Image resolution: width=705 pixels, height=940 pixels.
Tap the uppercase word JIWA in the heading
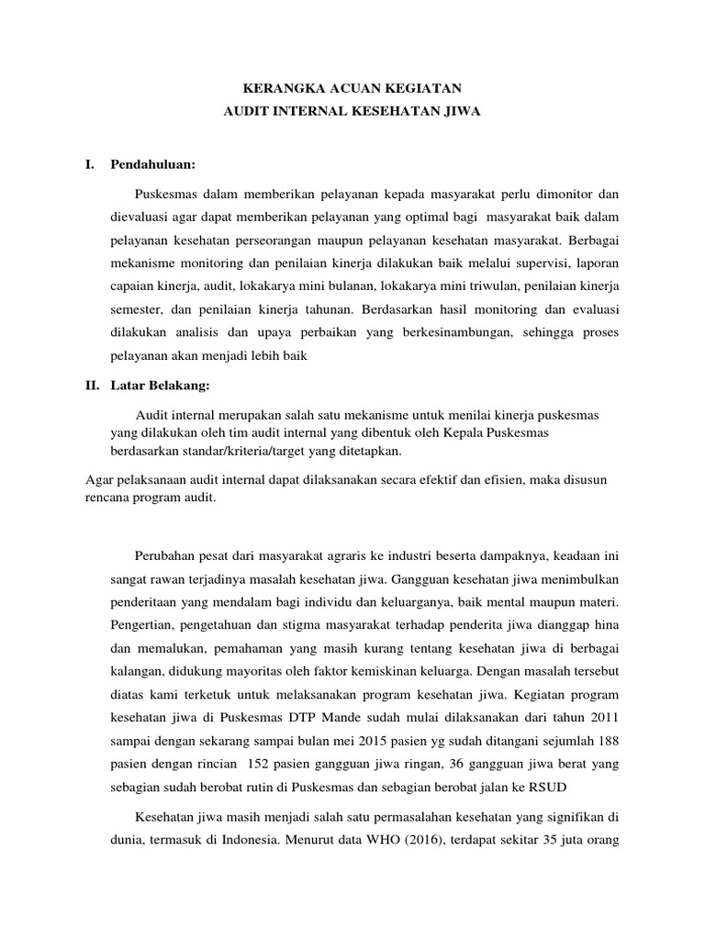click(x=456, y=112)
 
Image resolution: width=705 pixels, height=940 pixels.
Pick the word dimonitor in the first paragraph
click(x=558, y=194)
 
